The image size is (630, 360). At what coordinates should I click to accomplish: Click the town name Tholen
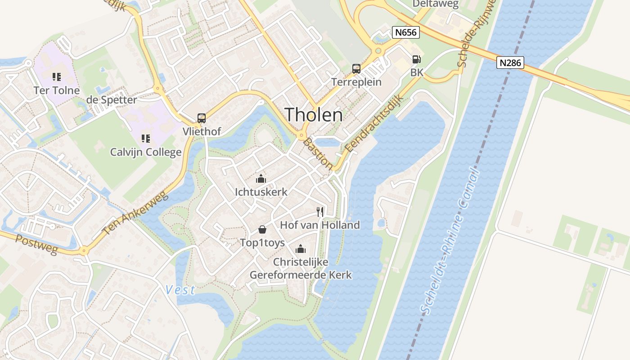coord(314,115)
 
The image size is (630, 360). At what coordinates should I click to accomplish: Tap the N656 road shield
coord(405,32)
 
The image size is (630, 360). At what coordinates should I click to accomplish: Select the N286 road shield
coord(511,62)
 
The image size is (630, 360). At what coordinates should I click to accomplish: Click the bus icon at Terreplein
coord(356,69)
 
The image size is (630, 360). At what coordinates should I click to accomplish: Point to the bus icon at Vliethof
coord(202,118)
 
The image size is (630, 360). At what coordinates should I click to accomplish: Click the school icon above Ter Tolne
coord(57,77)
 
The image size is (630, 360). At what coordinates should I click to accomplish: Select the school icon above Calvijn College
coord(145,139)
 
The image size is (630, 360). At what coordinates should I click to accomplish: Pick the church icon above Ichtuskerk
coord(261,179)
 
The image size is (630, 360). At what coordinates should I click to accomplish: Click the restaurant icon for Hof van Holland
coord(320,211)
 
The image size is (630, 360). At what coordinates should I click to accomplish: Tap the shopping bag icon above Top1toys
coord(262,229)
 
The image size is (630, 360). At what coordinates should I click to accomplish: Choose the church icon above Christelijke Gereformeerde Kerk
coord(301,248)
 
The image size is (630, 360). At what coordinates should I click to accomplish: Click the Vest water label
coord(180,289)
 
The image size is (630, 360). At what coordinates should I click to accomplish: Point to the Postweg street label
coord(36,244)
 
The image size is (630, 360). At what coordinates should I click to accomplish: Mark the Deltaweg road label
coord(436,4)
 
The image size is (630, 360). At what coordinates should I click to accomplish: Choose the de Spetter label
coord(111,99)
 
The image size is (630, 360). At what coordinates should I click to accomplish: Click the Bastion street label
coord(318,154)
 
